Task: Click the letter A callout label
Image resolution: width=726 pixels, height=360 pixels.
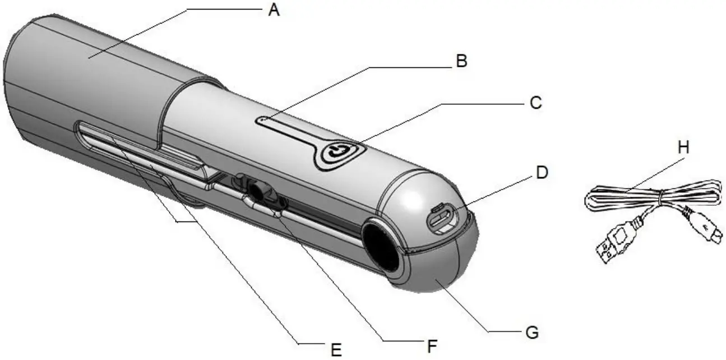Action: click(273, 10)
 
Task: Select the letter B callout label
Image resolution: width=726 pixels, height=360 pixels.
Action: click(461, 62)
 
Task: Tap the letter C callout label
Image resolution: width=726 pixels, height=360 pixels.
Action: click(535, 103)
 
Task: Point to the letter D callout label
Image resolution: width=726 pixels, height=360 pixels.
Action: click(541, 173)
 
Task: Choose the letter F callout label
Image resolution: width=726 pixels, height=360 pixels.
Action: click(431, 346)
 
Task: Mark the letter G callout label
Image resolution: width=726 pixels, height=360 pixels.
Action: click(532, 333)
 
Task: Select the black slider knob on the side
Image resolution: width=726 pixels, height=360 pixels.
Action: click(258, 191)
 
